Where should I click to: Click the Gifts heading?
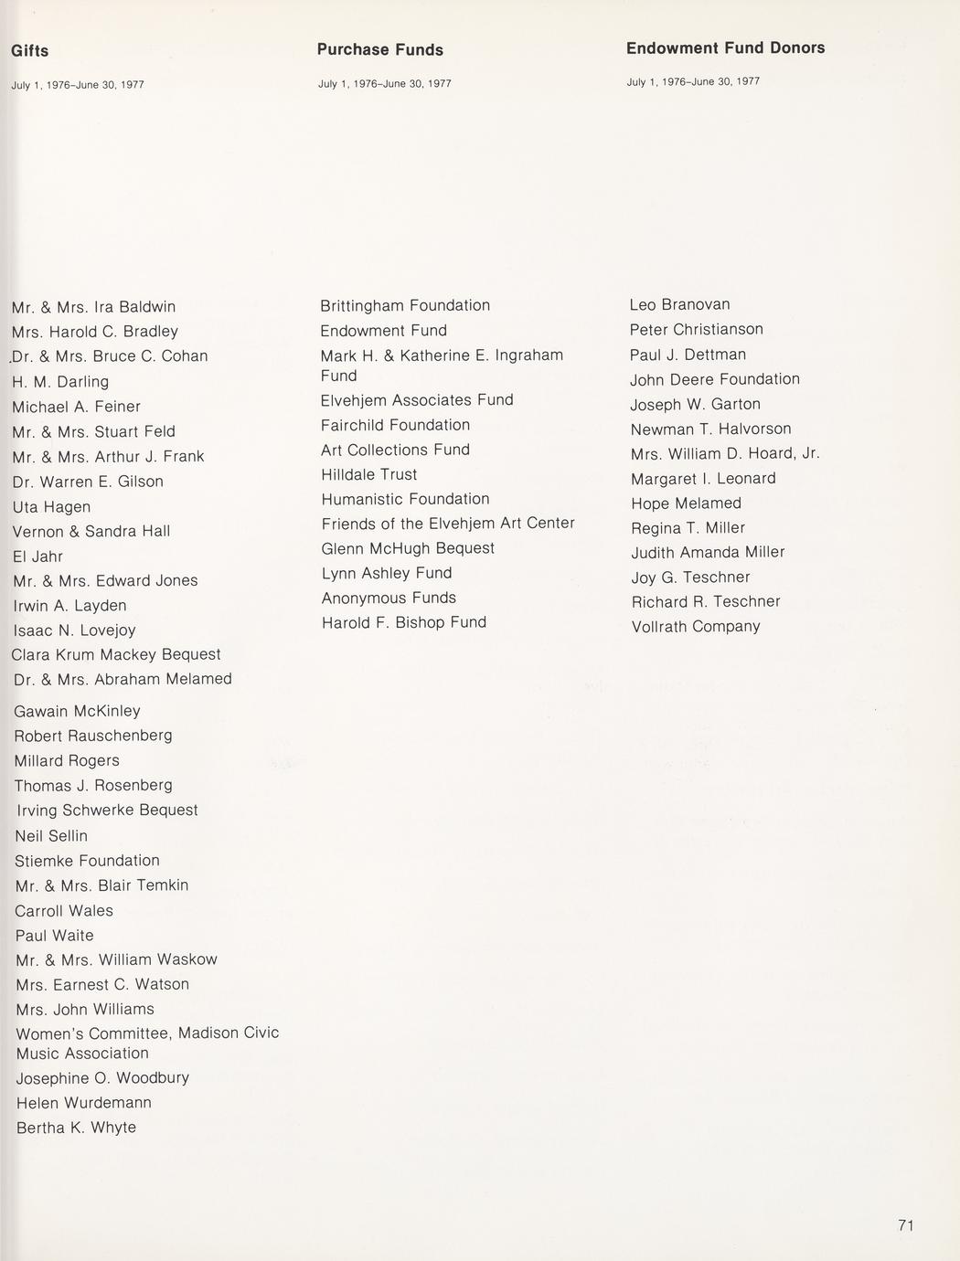[30, 51]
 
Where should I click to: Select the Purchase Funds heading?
[380, 50]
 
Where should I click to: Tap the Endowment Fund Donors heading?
[725, 48]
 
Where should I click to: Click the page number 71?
[906, 1226]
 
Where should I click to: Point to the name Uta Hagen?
[52, 507]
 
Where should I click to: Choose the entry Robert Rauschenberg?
[93, 736]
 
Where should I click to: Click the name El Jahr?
[38, 556]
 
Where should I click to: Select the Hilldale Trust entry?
[369, 475]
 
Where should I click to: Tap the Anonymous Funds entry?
[389, 599]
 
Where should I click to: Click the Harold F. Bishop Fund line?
[404, 623]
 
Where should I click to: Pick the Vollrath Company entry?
[696, 627]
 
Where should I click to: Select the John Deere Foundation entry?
[715, 379]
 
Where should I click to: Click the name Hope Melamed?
[686, 503]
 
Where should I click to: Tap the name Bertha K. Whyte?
[77, 1128]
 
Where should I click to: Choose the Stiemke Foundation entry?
[88, 861]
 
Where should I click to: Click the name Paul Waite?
[55, 936]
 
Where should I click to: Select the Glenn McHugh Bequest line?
[408, 548]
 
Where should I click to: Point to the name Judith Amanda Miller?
[708, 553]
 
